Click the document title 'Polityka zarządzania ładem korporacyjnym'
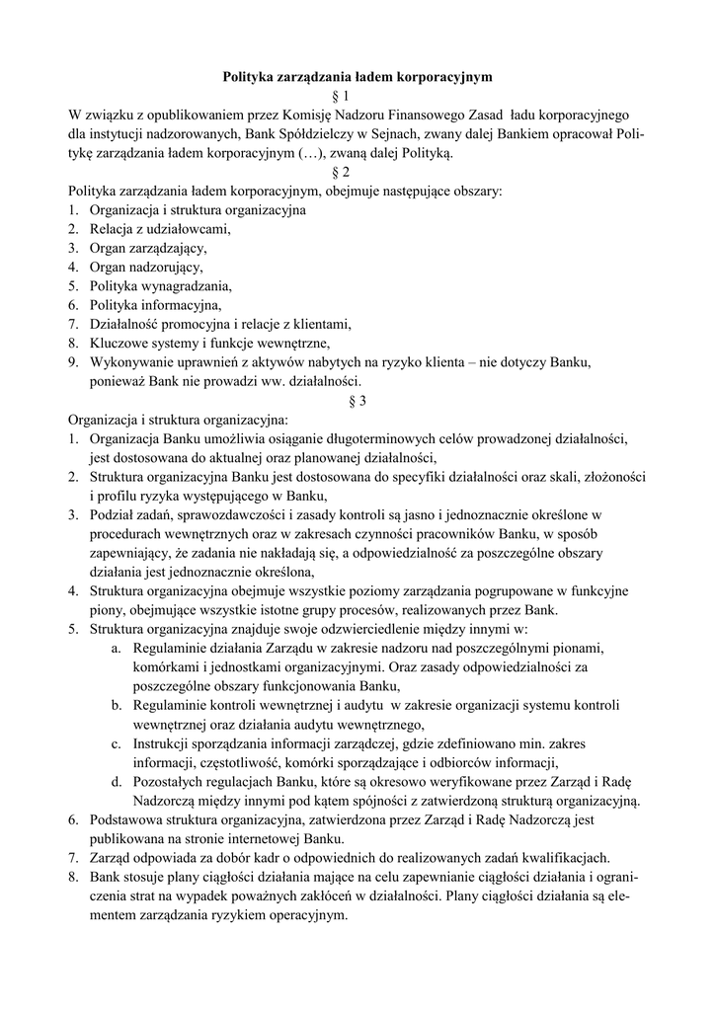(x=357, y=75)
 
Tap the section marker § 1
(x=358, y=95)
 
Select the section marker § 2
(x=358, y=172)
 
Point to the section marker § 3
(x=358, y=401)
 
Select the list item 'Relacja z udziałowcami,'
(x=159, y=229)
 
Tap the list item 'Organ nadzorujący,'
(x=146, y=267)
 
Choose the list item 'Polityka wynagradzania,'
(x=160, y=286)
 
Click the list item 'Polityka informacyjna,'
(x=156, y=305)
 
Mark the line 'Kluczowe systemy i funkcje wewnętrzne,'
(x=208, y=344)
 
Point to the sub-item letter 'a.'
(x=116, y=648)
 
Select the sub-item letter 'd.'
(x=116, y=781)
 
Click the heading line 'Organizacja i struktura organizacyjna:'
(x=178, y=420)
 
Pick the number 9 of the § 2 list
(x=73, y=362)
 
